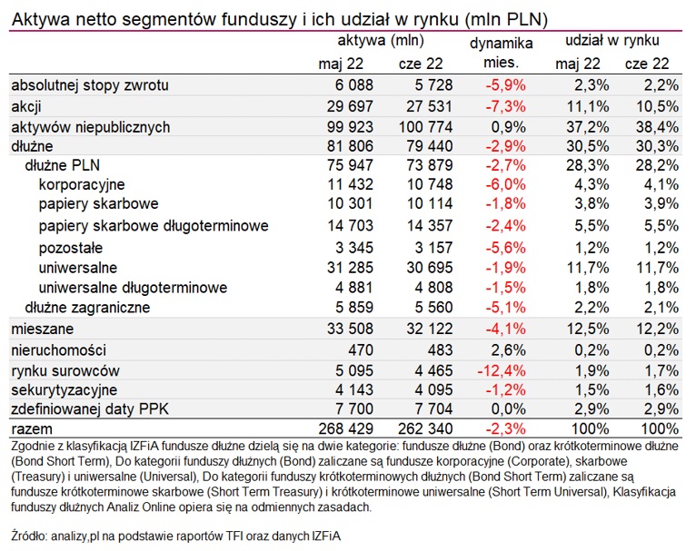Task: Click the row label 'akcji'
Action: pos(26,107)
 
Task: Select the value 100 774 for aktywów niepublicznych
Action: pos(425,127)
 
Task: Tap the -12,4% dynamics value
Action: pos(502,370)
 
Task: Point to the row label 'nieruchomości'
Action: pos(58,350)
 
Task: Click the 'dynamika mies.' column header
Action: pos(502,53)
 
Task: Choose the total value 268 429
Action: pos(346,428)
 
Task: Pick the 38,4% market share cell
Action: pos(657,127)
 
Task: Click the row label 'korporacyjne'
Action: pos(82,185)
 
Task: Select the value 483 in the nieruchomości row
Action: pos(440,350)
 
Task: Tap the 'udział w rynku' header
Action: pos(612,41)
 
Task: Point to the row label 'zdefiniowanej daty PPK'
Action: pos(90,409)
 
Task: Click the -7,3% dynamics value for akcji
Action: pos(505,107)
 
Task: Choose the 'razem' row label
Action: pos(32,429)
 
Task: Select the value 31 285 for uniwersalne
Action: pos(350,268)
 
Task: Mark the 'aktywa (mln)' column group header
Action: pos(381,41)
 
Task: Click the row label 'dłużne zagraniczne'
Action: pos(87,308)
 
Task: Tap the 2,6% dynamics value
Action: pos(508,350)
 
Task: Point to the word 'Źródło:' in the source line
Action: pos(29,536)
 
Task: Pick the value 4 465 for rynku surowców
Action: pos(433,370)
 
